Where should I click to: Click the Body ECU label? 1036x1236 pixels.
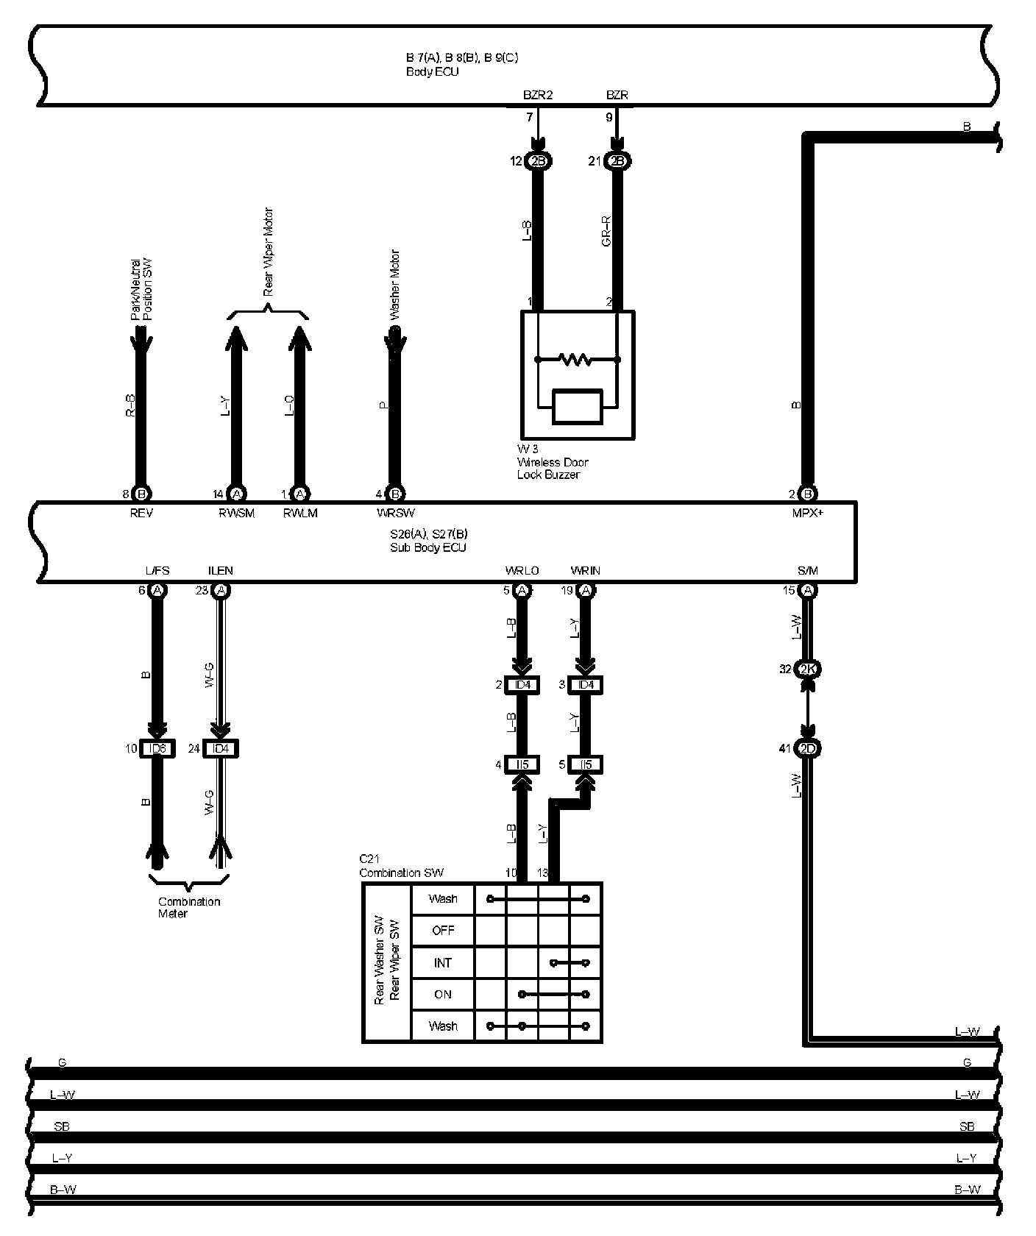[433, 72]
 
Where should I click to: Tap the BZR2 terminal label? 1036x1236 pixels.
[538, 95]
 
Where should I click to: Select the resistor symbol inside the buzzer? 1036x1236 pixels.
[576, 360]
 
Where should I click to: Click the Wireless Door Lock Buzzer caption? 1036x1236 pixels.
[553, 463]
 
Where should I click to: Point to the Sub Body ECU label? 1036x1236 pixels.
[428, 547]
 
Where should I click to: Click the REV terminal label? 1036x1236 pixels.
[141, 513]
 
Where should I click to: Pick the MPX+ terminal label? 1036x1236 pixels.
[807, 513]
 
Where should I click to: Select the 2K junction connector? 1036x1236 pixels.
[808, 669]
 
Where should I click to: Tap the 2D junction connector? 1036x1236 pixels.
[808, 749]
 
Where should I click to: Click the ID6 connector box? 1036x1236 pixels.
[157, 749]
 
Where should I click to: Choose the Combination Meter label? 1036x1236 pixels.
[189, 907]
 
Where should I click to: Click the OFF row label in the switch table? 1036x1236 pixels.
[443, 931]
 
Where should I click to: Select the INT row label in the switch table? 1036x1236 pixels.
[443, 962]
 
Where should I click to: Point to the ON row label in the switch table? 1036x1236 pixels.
[443, 994]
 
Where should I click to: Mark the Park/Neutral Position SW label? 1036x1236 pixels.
[141, 289]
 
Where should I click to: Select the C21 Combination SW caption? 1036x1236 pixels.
[401, 866]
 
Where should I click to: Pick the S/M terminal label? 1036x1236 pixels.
[807, 571]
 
